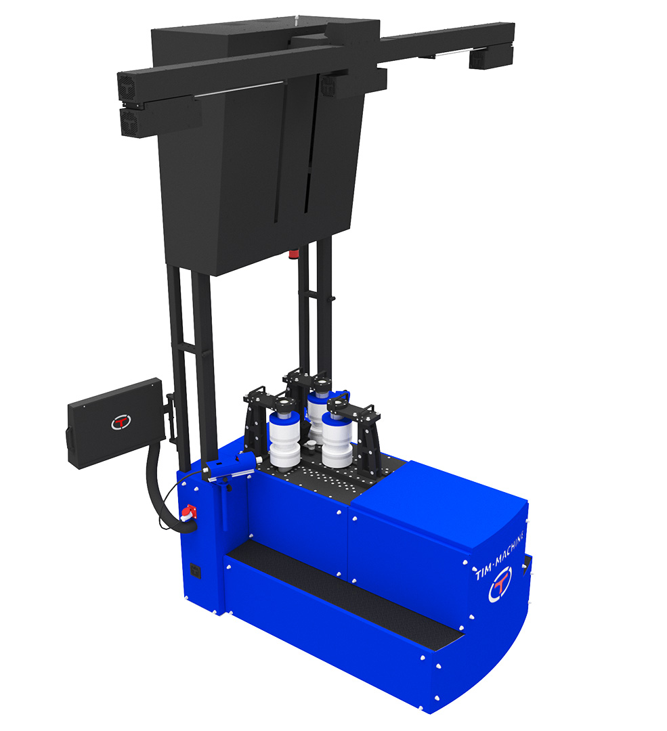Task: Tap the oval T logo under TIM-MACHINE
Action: tap(500, 583)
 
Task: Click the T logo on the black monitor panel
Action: tap(121, 422)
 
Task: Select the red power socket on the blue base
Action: tap(188, 513)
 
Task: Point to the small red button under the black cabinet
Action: tap(293, 254)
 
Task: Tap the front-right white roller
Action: tap(337, 440)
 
